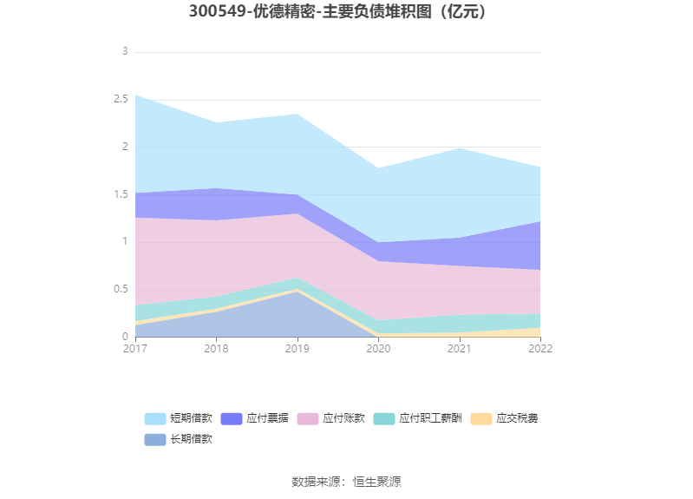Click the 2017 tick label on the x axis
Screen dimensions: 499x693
tap(135, 348)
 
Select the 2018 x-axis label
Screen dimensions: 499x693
tap(216, 348)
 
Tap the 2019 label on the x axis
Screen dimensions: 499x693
tap(297, 348)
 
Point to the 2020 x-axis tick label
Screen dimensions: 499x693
tap(378, 348)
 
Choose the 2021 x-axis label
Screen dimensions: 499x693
tap(460, 348)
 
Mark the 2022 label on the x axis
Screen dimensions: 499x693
tap(540, 348)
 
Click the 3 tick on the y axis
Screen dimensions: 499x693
tap(125, 52)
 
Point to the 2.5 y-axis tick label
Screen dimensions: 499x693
tap(121, 100)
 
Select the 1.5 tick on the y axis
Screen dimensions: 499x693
tap(121, 194)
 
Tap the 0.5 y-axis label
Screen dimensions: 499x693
tap(121, 289)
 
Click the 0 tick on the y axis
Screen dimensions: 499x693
tap(125, 337)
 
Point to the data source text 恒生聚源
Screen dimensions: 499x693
tap(376, 482)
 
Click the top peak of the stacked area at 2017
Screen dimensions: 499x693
tap(135, 95)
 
